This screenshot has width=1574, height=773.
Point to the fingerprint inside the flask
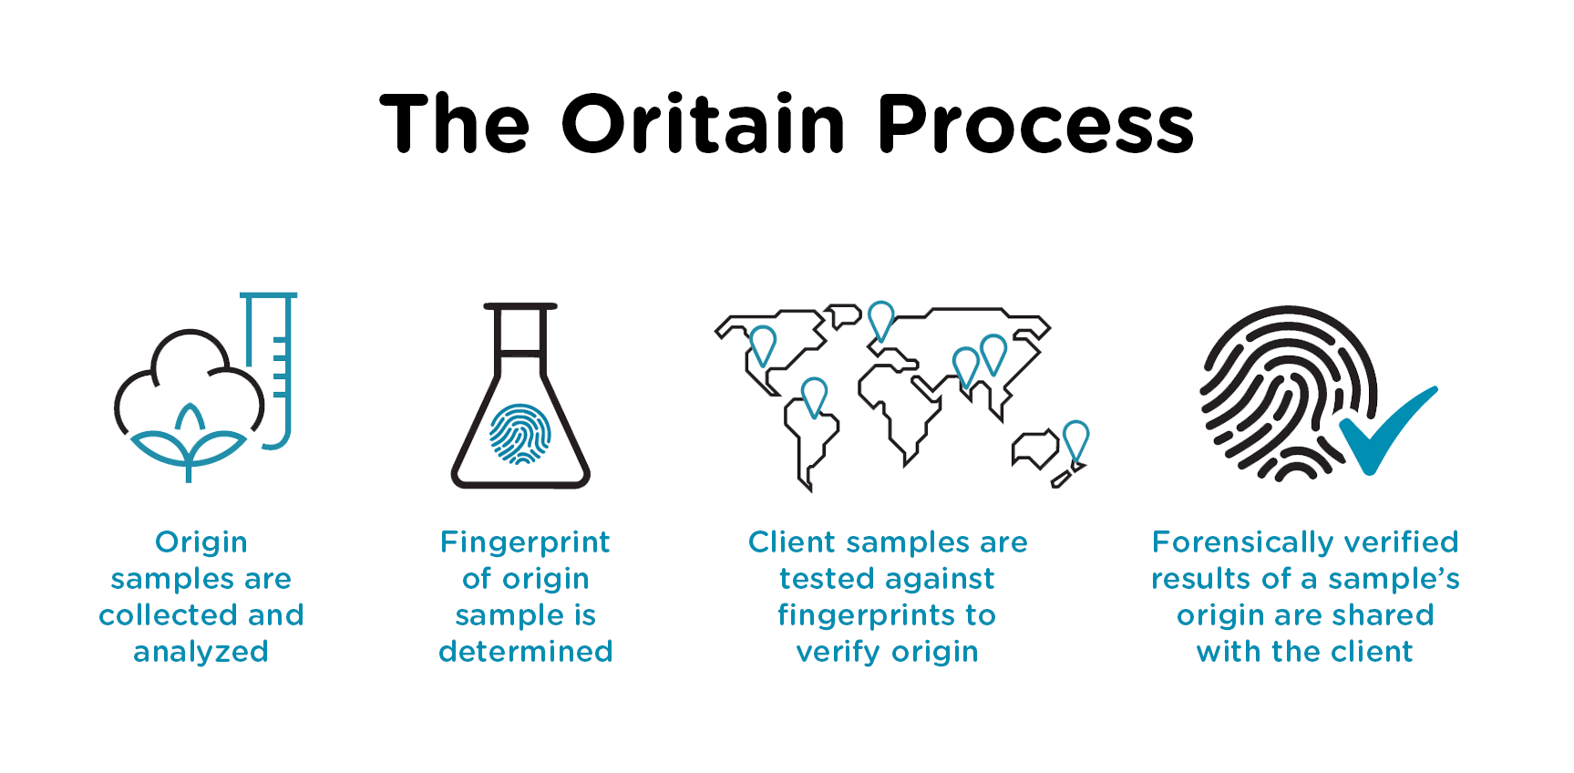point(520,434)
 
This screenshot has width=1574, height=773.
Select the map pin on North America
point(763,345)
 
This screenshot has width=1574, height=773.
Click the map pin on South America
point(814,398)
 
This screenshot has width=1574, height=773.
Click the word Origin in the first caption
point(201,543)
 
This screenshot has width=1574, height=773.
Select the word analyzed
point(201,653)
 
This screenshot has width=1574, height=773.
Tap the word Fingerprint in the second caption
point(525,543)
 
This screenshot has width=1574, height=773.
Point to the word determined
point(526,651)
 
